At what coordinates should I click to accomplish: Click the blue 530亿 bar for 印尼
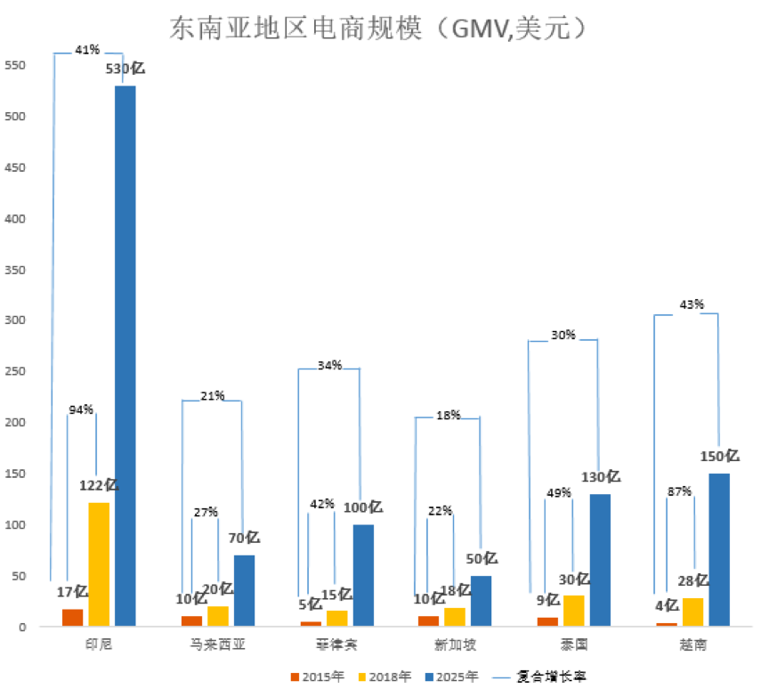(x=125, y=356)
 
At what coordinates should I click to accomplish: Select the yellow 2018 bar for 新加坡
(x=455, y=617)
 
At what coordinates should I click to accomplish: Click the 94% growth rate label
(x=82, y=409)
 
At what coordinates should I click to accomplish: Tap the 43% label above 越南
(x=692, y=304)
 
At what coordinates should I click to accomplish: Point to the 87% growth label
(x=679, y=491)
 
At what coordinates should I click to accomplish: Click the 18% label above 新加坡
(x=448, y=415)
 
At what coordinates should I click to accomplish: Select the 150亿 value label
(x=721, y=456)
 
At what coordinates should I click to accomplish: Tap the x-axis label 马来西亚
(x=213, y=643)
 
